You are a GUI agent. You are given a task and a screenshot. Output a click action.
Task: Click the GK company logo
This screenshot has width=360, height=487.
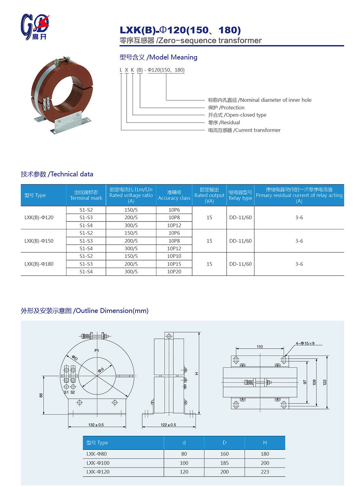(35, 27)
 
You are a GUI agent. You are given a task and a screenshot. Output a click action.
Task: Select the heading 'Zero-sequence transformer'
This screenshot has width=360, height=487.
(190, 40)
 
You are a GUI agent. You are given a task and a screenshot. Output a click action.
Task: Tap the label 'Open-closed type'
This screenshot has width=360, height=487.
(237, 115)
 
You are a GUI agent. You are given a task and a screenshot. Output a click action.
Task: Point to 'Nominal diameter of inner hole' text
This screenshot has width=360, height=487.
(260, 100)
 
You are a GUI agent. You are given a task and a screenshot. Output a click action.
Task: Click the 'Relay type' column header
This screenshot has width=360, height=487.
(240, 195)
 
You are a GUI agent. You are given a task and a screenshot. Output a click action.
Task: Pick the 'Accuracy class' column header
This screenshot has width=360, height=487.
(174, 195)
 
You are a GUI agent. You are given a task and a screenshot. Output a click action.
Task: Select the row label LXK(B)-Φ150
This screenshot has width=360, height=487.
(39, 241)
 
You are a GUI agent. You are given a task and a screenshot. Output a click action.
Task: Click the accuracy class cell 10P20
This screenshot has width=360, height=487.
(174, 272)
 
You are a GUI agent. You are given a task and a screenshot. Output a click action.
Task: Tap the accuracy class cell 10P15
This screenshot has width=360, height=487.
(174, 264)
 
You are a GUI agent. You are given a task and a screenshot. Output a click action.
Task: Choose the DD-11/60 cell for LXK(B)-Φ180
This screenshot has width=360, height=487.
(240, 264)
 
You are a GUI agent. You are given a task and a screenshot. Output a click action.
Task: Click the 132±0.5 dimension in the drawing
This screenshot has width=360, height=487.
(96, 425)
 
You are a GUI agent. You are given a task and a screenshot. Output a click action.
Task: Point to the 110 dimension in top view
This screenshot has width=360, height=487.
(260, 347)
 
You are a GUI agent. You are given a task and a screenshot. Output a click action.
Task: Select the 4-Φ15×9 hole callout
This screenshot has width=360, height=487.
(305, 343)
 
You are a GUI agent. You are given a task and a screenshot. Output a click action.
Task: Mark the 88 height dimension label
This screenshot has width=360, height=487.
(41, 395)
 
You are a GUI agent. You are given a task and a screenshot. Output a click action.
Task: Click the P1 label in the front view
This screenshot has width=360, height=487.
(96, 350)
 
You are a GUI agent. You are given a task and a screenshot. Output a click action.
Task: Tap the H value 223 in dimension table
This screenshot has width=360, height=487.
(265, 472)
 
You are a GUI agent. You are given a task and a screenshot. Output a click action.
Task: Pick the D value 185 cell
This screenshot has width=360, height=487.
(224, 463)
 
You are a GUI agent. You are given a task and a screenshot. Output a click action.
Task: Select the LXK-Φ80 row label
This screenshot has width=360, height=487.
(96, 454)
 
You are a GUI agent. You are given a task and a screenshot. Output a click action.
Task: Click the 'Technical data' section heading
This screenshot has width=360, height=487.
(57, 174)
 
